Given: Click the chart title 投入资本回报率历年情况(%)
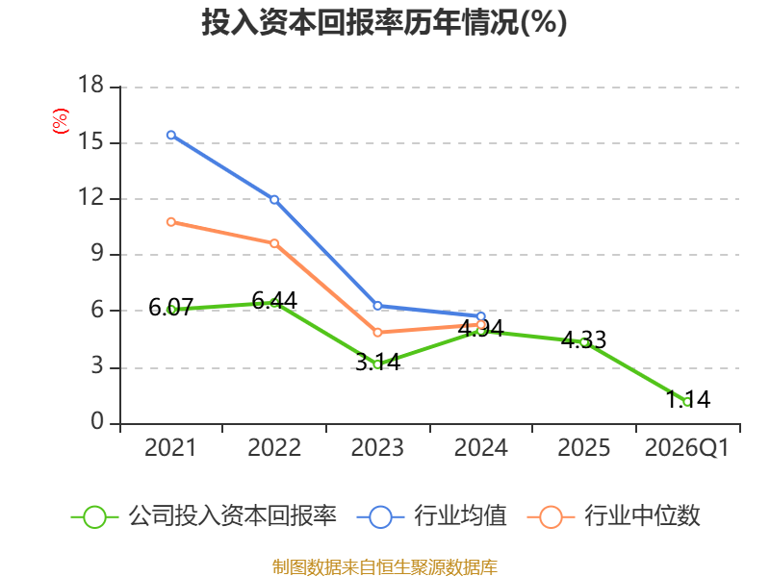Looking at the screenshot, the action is [384, 22].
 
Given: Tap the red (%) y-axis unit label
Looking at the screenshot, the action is [61, 121].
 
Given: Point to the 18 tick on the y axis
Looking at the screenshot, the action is [90, 85].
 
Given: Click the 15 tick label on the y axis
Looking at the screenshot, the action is [90, 141].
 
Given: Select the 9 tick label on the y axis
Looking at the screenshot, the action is [97, 254].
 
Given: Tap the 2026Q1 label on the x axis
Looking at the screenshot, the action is [687, 447].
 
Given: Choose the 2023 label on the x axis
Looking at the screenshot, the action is [377, 447].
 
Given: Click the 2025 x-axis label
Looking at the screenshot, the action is [584, 447].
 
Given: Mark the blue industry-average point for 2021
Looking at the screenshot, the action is [171, 135].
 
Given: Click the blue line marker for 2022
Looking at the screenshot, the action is [274, 200].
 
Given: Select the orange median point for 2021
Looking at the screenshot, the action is [171, 222].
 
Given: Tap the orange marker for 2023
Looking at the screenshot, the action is [377, 333].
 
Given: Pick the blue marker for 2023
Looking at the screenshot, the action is [377, 306].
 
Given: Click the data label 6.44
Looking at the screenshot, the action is [274, 300].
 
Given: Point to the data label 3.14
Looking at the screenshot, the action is [377, 362].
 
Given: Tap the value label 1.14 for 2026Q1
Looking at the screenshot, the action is [687, 399].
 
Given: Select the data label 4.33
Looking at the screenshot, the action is [583, 339].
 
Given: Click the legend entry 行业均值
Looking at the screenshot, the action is [432, 516].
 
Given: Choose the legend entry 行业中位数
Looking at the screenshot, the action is [614, 516].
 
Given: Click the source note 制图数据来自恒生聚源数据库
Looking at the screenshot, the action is [384, 567].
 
